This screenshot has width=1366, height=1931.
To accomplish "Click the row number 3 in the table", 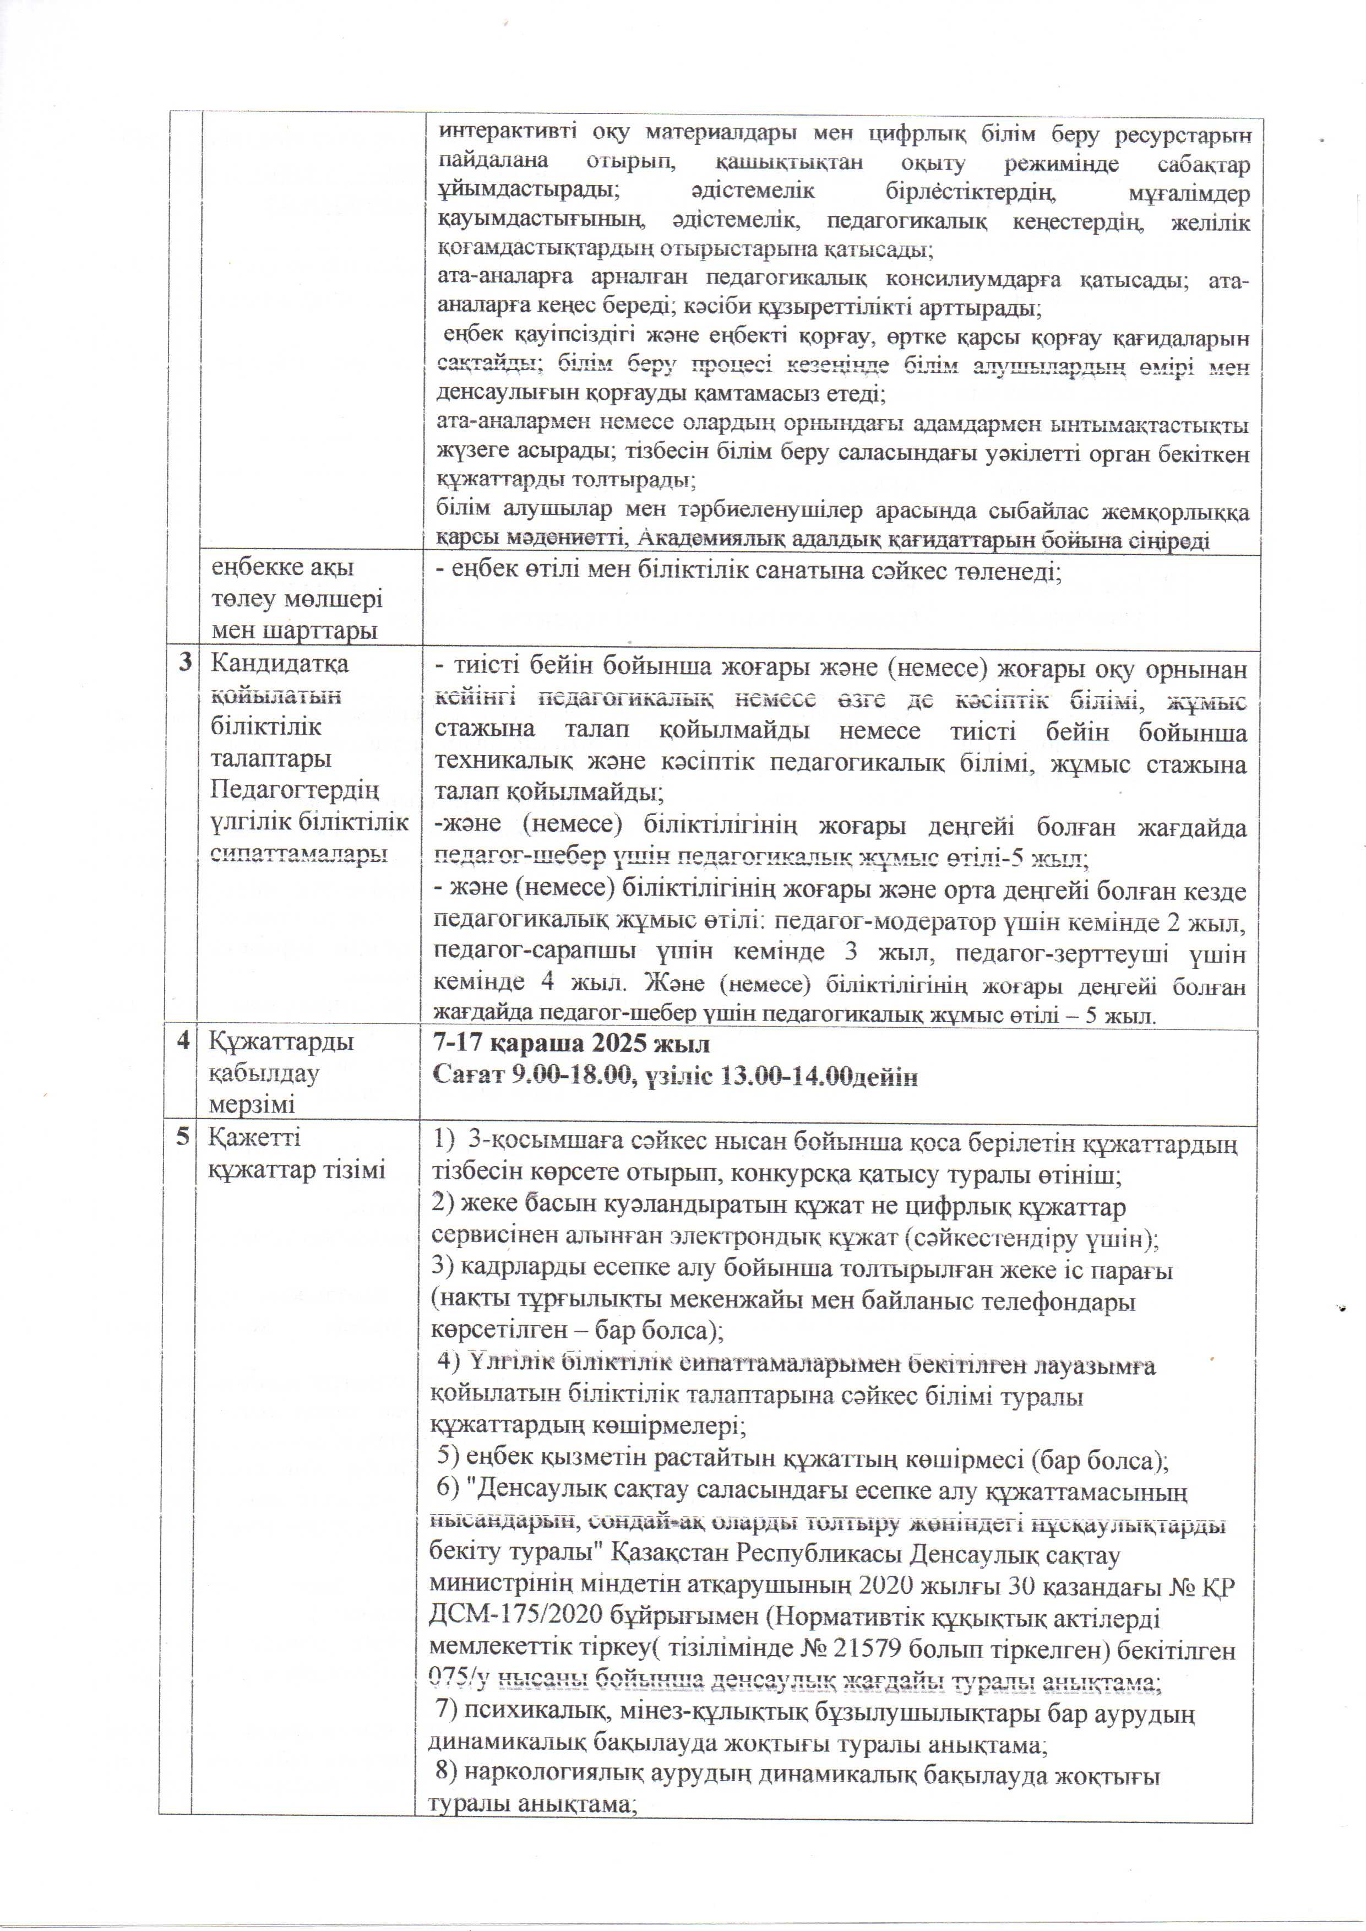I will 185,663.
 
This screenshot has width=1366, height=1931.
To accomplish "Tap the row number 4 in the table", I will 183,1041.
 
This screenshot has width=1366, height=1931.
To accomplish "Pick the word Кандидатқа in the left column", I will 279,663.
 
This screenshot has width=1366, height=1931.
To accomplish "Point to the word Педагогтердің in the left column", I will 295,790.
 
